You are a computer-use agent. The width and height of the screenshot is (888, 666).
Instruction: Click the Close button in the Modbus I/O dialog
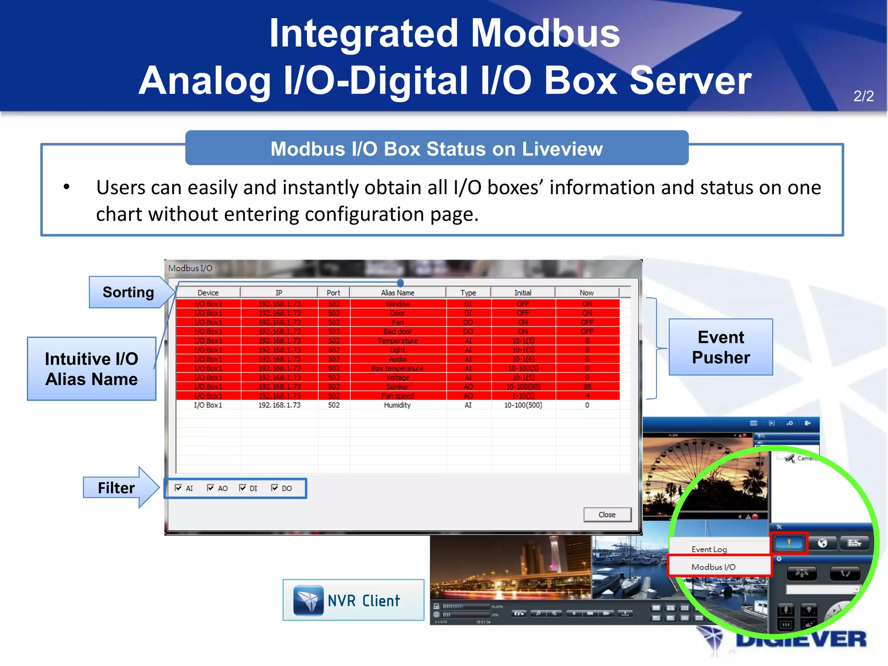[x=607, y=515]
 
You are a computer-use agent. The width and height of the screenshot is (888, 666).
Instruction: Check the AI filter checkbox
[x=179, y=488]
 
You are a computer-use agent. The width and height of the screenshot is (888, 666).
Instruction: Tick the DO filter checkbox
[x=274, y=488]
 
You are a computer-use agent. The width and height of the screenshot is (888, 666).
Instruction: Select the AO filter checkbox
[x=211, y=488]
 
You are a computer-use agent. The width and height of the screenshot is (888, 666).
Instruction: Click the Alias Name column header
[x=398, y=293]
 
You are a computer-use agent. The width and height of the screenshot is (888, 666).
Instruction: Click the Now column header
[x=587, y=293]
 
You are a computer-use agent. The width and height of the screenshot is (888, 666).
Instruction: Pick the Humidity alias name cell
[x=397, y=405]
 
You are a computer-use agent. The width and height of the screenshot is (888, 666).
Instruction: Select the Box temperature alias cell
[x=397, y=368]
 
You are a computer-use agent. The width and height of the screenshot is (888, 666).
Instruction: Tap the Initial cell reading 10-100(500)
[x=523, y=405]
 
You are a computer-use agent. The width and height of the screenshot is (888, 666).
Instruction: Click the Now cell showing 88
[x=587, y=386]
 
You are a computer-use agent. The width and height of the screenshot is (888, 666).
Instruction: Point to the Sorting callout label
[x=128, y=292]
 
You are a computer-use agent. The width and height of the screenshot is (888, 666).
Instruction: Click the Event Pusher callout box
[x=721, y=347]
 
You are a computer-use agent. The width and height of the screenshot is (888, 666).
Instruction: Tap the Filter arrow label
[x=116, y=488]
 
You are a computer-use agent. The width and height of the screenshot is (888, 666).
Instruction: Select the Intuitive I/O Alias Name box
[x=91, y=369]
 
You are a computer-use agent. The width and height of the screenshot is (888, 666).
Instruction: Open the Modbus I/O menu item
[x=714, y=567]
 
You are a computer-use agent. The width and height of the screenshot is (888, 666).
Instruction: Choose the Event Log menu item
[x=709, y=549]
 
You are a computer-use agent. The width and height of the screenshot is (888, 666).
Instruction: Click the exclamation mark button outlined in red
[x=789, y=542]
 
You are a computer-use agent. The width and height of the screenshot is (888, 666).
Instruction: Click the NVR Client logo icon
[x=308, y=600]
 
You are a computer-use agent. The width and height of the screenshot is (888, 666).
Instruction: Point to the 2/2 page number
[x=863, y=96]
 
